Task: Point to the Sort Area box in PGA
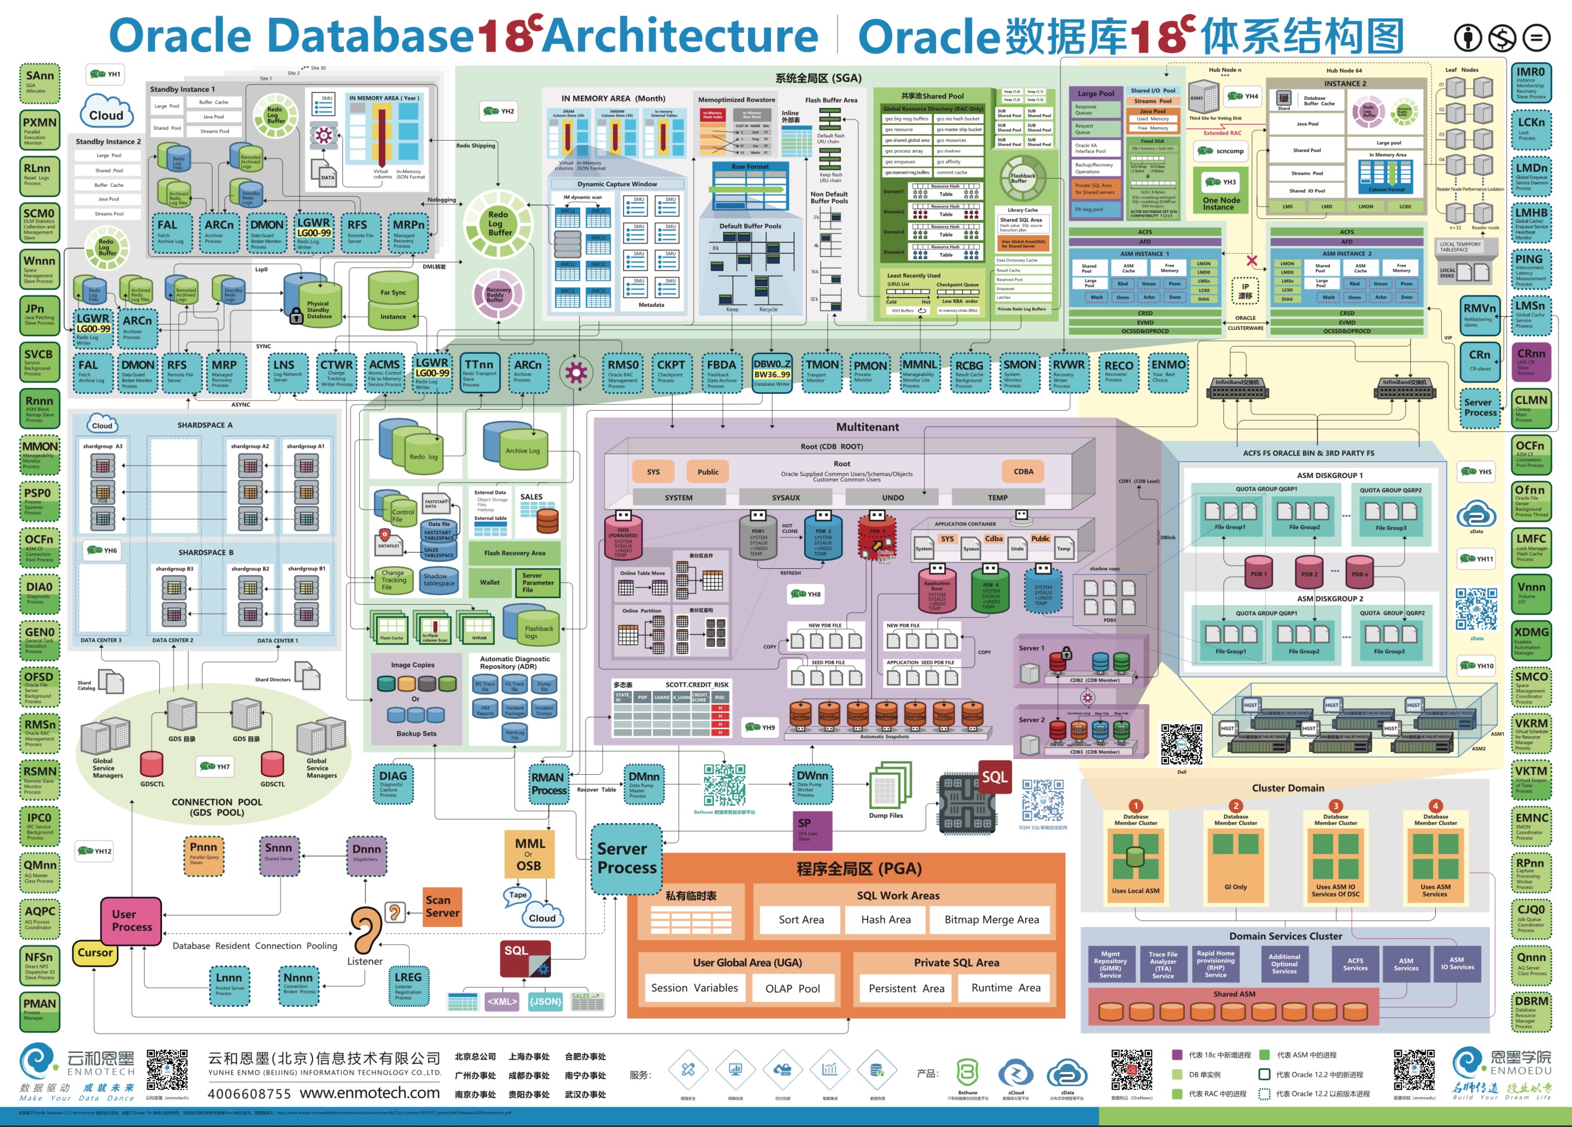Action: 801,919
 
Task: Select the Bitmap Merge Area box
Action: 991,919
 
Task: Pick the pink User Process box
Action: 131,921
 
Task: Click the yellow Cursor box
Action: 95,953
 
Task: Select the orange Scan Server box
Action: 442,906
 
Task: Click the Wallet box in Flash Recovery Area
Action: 489,583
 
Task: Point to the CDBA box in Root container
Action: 1023,472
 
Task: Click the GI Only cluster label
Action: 1235,887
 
